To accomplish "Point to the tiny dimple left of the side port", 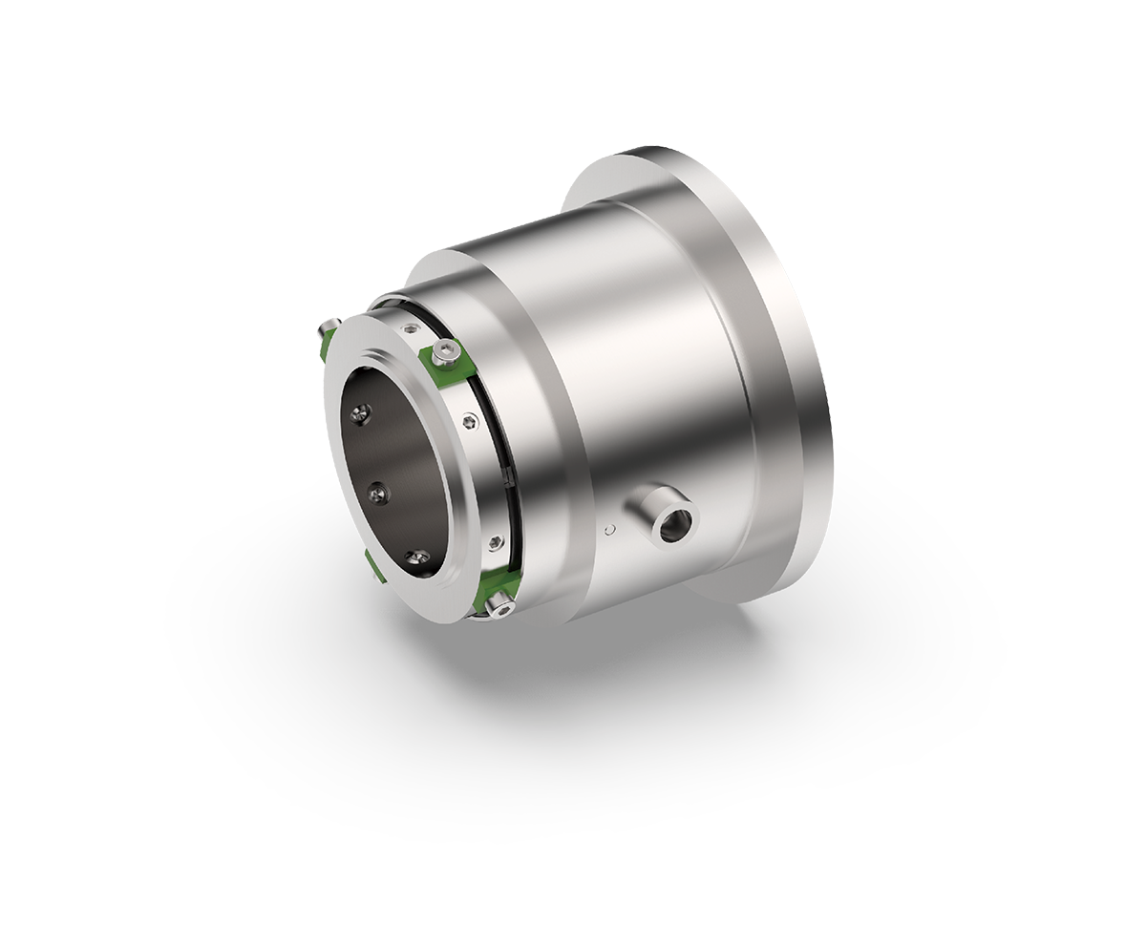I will (x=608, y=524).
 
